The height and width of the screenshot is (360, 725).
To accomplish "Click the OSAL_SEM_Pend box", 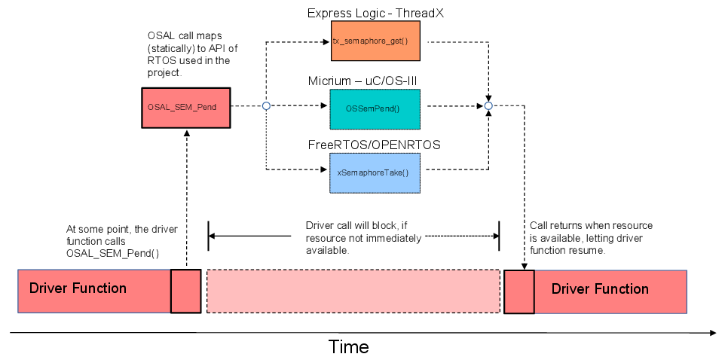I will click(x=185, y=107).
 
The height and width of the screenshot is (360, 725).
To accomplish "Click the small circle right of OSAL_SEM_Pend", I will click(x=266, y=106).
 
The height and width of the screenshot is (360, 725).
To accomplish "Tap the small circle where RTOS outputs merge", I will click(x=488, y=106).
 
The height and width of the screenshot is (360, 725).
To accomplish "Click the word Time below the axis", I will click(x=348, y=346).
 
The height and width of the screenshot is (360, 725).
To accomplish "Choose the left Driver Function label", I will click(x=78, y=288).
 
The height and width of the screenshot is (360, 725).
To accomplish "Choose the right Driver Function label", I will click(x=600, y=288).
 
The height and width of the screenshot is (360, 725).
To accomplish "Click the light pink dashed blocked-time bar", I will click(x=353, y=291).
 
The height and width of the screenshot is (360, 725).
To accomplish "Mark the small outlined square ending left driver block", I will click(x=186, y=291).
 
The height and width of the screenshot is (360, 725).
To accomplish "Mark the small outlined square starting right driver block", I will click(x=519, y=291).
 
